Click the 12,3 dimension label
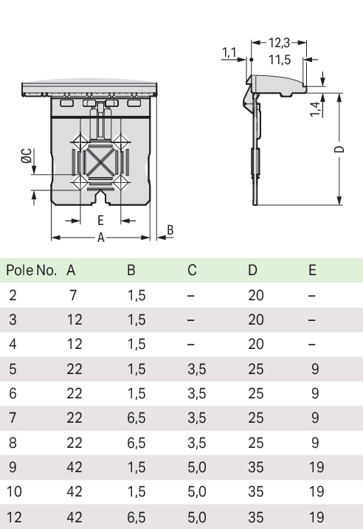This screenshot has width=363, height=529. (280, 43)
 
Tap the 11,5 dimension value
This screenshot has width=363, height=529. (280, 60)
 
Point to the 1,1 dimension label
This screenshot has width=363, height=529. (229, 52)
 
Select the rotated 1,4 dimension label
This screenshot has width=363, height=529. (316, 109)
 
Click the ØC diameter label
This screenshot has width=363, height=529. (27, 156)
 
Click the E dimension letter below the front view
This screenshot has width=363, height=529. (100, 221)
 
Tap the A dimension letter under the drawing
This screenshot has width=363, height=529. (101, 238)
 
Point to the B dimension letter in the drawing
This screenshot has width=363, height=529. (170, 230)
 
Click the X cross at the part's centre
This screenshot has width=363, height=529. (100, 162)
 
